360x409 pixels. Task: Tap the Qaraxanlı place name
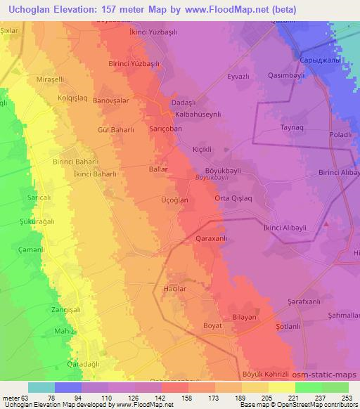click(x=210, y=239)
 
